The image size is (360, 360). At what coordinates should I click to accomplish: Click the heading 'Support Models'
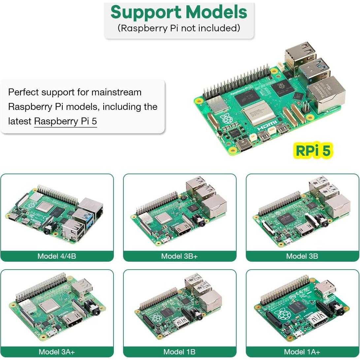tap(179, 12)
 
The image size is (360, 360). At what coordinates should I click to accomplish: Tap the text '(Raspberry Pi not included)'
tap(179, 28)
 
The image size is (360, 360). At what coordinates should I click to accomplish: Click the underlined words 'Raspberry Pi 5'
tap(66, 121)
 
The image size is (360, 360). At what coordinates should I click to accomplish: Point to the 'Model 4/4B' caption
tap(57, 256)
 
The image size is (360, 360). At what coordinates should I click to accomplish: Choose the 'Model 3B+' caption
tap(180, 256)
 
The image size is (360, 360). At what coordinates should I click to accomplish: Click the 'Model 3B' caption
tap(302, 256)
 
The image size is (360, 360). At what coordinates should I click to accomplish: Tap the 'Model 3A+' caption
tap(57, 352)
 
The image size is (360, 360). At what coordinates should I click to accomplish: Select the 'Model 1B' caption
tap(180, 352)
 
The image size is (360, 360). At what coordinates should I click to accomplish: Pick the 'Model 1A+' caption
tap(302, 352)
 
